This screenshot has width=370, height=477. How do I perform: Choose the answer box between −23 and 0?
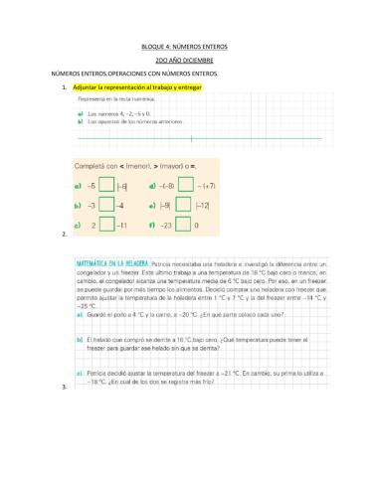tap(185, 226)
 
